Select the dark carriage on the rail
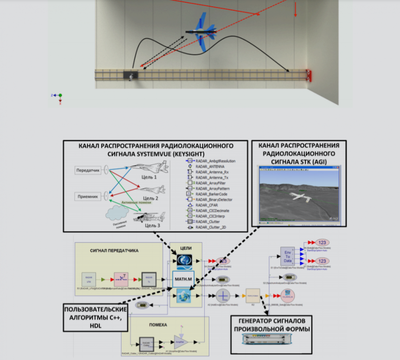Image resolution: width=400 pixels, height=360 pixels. point(131,75)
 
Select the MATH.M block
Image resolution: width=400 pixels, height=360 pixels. point(184,279)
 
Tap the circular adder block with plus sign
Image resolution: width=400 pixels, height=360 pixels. point(224,296)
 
